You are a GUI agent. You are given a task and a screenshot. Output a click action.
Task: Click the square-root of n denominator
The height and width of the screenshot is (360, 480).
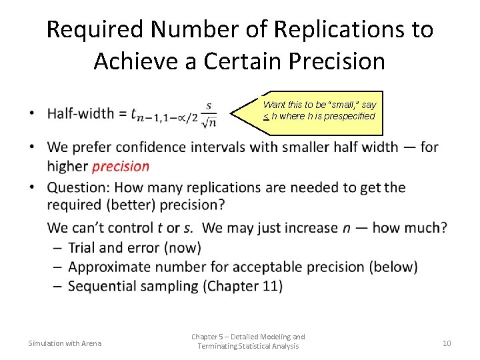tap(209, 121)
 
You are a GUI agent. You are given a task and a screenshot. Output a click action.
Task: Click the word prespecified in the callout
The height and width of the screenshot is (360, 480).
tap(349, 116)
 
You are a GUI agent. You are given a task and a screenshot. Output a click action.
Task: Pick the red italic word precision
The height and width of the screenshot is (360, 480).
tap(121, 167)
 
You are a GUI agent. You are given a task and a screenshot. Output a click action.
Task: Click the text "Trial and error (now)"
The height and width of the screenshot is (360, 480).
tap(134, 247)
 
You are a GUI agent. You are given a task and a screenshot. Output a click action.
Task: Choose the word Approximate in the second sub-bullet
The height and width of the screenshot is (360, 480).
tap(111, 267)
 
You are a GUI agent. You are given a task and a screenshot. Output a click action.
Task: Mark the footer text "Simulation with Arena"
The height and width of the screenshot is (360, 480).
tap(65, 343)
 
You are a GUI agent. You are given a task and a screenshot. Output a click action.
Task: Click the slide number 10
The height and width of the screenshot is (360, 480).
tap(447, 343)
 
